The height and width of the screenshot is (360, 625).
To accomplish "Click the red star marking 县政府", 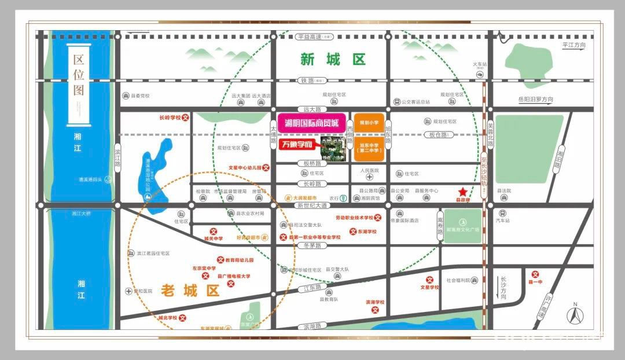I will pos(462,192).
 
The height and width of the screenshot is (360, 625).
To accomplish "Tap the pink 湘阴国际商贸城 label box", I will pos(312,122).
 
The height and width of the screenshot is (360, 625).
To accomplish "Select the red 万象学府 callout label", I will pos(297,144).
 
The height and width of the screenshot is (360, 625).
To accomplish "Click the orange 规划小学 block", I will pos(369,123).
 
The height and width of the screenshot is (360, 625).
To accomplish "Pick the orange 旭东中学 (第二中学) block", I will pos(369,150).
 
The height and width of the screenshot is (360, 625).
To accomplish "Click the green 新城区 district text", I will pos(333,59).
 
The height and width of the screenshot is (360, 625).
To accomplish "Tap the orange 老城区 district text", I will pos(190,291).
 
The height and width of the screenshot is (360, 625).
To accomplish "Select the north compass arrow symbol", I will pos(575,315).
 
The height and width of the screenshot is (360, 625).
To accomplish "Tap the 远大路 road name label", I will pos(312,109).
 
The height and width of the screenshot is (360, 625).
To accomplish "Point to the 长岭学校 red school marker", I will pos(185,117).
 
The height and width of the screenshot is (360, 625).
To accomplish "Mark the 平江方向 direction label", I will pos(573,45).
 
